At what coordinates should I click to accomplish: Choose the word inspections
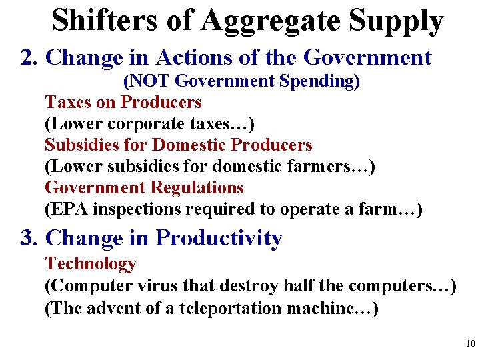coord(137,209)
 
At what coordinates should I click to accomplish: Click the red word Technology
coord(91,265)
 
